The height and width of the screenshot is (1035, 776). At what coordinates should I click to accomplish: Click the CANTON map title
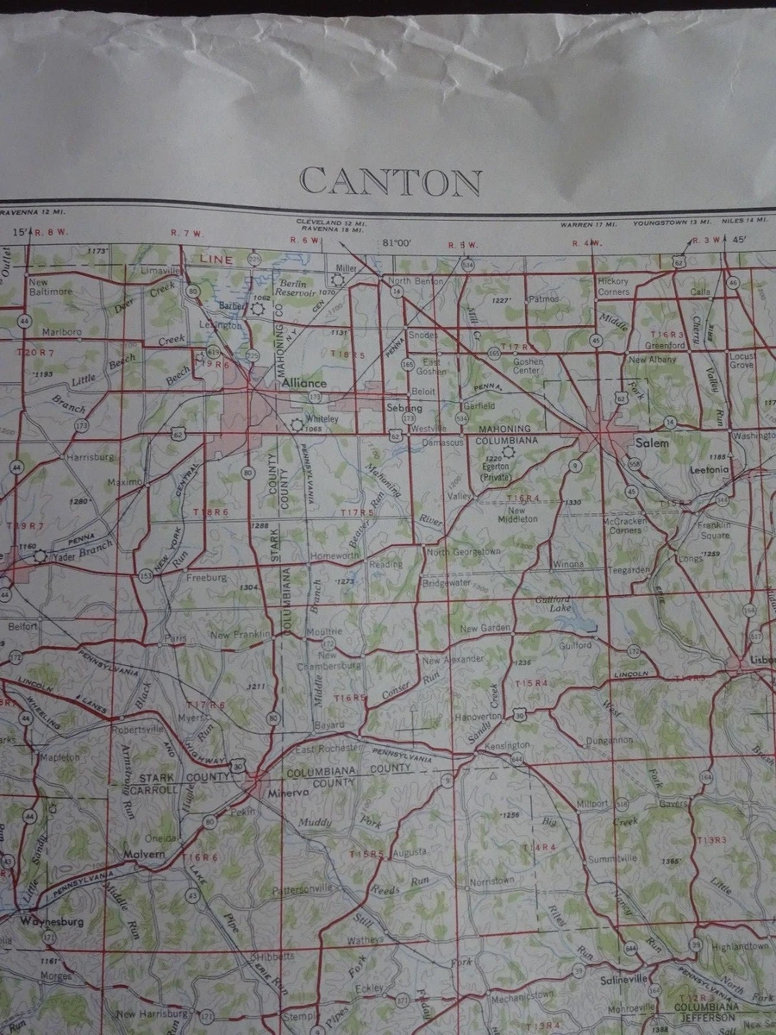coord(391,182)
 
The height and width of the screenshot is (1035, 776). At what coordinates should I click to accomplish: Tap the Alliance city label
coord(304,383)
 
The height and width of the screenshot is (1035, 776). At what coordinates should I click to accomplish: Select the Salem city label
coord(652,442)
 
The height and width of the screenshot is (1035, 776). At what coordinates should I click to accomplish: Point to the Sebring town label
coord(404,407)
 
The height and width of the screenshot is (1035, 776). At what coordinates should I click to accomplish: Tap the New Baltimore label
coord(51,286)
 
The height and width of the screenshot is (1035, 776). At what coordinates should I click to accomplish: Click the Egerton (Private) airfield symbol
coord(508,451)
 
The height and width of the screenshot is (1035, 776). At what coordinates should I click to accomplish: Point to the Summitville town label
coord(613,859)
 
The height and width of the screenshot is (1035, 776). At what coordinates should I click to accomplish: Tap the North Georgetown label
coord(463,551)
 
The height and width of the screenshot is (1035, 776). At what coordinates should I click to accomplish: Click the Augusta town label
coord(409,852)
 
